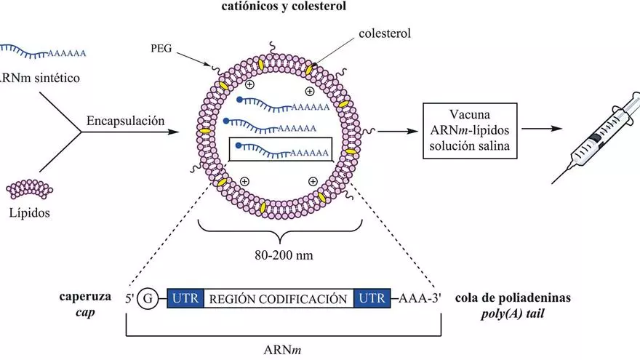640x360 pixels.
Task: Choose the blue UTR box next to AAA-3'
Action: [x=372, y=299]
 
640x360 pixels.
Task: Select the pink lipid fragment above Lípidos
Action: [x=31, y=189]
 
